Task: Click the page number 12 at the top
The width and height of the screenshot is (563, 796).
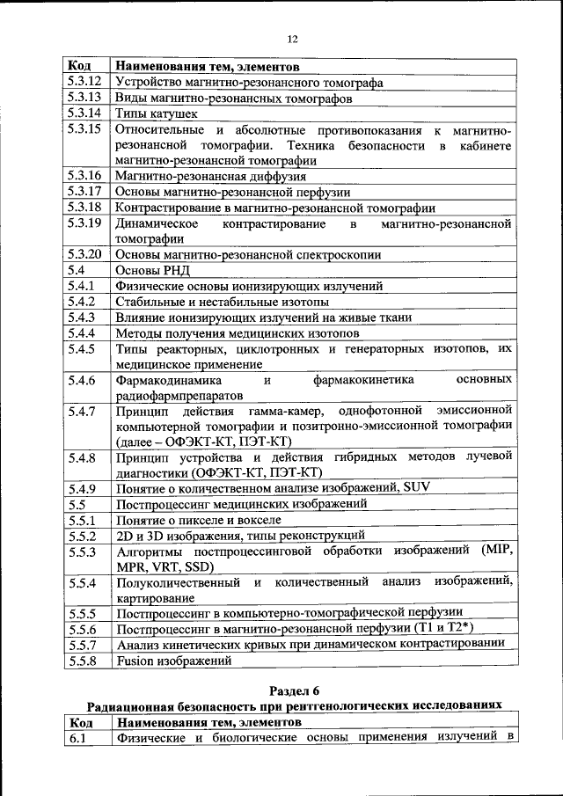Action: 293,39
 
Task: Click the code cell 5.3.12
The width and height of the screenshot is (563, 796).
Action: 84,82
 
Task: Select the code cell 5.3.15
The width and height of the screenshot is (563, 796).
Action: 84,129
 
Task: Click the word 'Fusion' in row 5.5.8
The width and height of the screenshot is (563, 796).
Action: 136,661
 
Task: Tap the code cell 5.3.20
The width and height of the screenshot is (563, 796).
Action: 84,255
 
